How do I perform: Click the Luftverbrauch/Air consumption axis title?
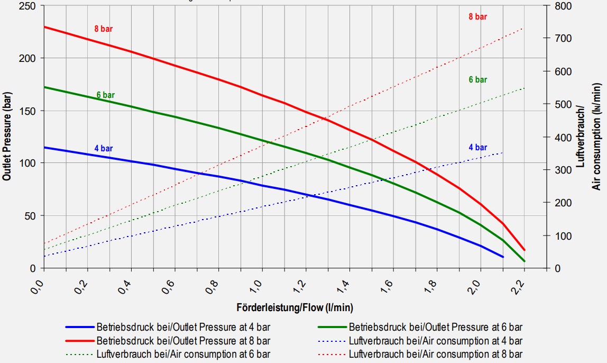click(x=592, y=136)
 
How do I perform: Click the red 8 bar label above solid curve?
click(x=104, y=29)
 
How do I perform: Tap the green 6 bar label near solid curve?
click(x=105, y=95)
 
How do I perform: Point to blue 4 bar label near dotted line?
click(x=477, y=148)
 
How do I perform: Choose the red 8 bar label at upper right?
click(x=477, y=17)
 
